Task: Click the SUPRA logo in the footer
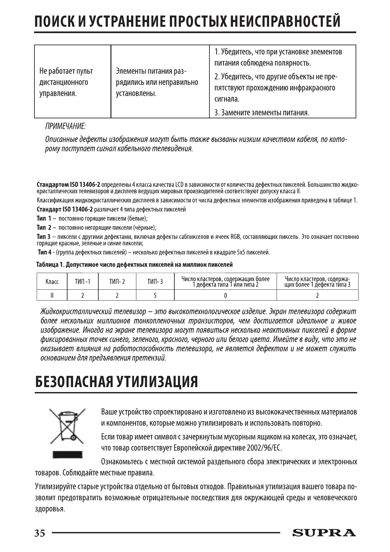(324, 533)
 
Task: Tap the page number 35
(40, 533)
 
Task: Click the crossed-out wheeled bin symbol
(67, 426)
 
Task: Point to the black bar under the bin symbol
(67, 455)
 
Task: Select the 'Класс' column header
(52, 282)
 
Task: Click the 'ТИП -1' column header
(82, 282)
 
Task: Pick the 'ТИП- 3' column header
(155, 282)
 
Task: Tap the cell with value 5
(155, 295)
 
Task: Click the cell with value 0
(225, 295)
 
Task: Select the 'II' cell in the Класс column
(52, 295)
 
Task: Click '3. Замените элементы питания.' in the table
(262, 113)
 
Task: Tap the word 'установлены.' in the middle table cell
(136, 93)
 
